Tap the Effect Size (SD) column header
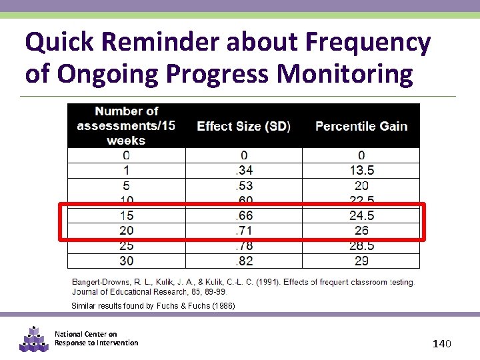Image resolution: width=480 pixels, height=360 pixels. click(243, 126)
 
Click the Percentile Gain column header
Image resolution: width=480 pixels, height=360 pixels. click(361, 126)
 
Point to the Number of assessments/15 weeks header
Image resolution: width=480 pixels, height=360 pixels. click(126, 125)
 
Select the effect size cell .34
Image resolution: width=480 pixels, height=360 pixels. click(243, 171)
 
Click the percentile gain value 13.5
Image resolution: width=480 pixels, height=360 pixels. click(361, 171)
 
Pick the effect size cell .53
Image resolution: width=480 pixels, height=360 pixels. click(243, 185)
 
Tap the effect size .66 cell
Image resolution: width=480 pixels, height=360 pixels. click(243, 215)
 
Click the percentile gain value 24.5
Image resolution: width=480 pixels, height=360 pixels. click(361, 215)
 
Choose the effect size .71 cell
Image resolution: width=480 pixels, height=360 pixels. click(243, 230)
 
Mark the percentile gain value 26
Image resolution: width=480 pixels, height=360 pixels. click(361, 230)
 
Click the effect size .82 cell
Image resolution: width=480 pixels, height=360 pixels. click(243, 261)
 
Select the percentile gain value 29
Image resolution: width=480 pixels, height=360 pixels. click(361, 261)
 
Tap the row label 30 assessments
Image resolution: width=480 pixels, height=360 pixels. click(126, 261)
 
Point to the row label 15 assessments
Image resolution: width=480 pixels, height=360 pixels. click(126, 215)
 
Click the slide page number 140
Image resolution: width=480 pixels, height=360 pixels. click(442, 343)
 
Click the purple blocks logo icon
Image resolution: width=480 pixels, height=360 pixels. click(34, 339)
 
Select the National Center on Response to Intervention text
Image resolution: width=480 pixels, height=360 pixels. click(96, 339)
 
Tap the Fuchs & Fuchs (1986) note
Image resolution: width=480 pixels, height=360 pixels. click(153, 306)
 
